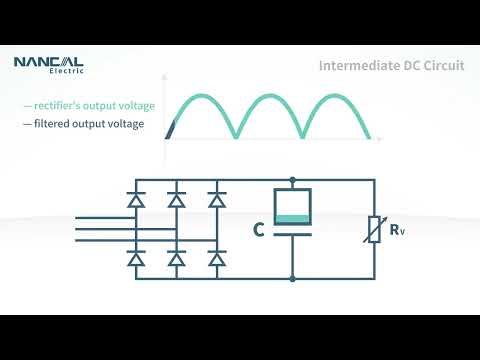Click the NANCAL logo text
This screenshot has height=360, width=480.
click(x=48, y=62)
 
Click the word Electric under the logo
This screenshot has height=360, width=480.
click(x=66, y=72)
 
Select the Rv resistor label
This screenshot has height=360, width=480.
click(x=397, y=231)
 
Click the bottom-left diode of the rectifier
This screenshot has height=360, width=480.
click(x=137, y=259)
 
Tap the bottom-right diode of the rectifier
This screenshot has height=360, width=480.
click(x=215, y=259)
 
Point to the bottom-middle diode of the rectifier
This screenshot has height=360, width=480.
click(x=176, y=259)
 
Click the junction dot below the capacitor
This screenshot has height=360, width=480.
click(x=292, y=277)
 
